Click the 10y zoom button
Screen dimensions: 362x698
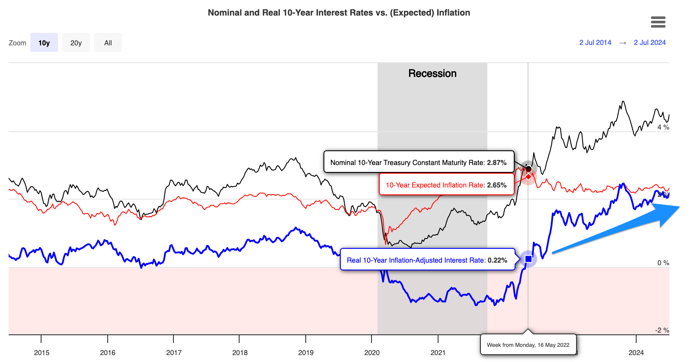44,43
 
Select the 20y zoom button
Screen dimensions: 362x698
76,43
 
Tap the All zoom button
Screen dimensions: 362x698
108,43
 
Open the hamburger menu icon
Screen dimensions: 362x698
658,22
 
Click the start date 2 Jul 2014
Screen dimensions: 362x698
595,42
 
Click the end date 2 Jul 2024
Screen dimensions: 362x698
650,42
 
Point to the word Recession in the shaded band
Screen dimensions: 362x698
432,73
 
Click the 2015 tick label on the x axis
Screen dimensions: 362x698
42,352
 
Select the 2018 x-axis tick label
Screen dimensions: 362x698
240,352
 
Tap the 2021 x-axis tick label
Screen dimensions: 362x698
438,352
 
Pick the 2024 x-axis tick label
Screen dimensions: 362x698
636,352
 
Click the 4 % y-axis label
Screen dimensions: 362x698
663,127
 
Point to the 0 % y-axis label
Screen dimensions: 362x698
663,263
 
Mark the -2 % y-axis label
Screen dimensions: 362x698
662,330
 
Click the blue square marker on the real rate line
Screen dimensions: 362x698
528,259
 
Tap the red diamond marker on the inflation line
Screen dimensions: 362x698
528,176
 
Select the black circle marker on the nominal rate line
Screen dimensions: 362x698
528,168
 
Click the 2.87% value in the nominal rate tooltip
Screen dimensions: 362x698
496,162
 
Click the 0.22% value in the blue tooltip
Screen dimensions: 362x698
497,260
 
